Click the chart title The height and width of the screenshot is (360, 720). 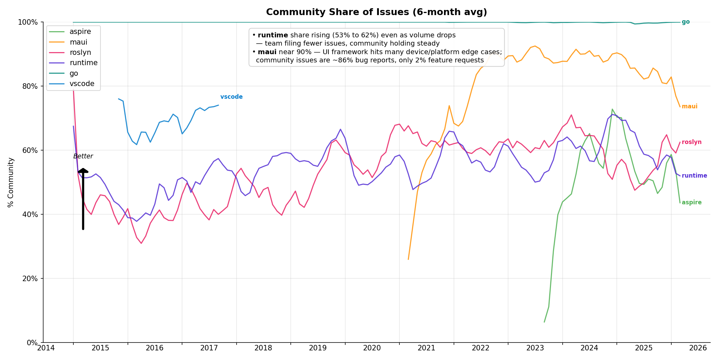pyautogui.click(x=376, y=12)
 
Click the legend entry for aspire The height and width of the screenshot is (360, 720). pyautogui.click(x=80, y=32)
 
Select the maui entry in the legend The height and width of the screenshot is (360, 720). pyautogui.click(x=78, y=42)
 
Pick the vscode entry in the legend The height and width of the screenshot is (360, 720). pyautogui.click(x=82, y=84)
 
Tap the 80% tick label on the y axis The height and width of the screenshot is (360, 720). pyautogui.click(x=30, y=86)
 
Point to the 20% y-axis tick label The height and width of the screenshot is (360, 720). pyautogui.click(x=30, y=279)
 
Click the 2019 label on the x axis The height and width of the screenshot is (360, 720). pyautogui.click(x=317, y=348)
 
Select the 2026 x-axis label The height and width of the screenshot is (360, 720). pyautogui.click(x=698, y=348)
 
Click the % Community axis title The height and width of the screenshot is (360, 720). pyautogui.click(x=11, y=182)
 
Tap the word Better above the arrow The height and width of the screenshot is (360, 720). pyautogui.click(x=83, y=156)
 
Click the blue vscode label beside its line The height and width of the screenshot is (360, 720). pyautogui.click(x=231, y=97)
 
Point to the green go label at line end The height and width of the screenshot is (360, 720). pyautogui.click(x=685, y=22)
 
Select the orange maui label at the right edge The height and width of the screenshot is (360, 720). pyautogui.click(x=689, y=107)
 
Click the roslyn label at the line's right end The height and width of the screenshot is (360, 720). pyautogui.click(x=692, y=142)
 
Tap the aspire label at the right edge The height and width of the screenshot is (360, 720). pyautogui.click(x=692, y=203)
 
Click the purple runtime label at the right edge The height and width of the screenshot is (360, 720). pyautogui.click(x=694, y=176)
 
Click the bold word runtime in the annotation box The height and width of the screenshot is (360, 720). pyautogui.click(x=273, y=35)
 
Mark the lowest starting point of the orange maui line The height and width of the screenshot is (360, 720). pyautogui.click(x=408, y=259)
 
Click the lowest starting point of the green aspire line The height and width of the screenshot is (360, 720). pyautogui.click(x=544, y=322)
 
